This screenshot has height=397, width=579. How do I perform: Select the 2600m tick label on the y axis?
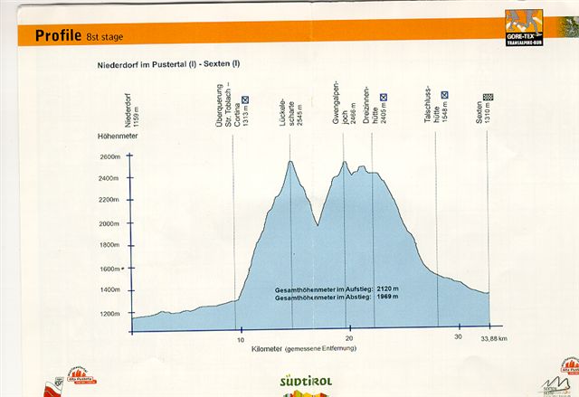tap(110, 156)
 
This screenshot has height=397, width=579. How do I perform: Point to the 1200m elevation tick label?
tap(110, 314)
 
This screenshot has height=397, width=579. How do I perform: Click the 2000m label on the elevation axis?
tap(110, 223)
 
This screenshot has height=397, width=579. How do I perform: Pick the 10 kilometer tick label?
tap(240, 338)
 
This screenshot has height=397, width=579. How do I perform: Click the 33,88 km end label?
tap(494, 338)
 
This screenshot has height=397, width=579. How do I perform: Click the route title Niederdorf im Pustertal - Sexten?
tap(169, 65)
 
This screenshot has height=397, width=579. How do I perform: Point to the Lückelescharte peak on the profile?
tap(290, 162)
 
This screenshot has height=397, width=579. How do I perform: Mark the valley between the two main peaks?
tap(317, 224)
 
